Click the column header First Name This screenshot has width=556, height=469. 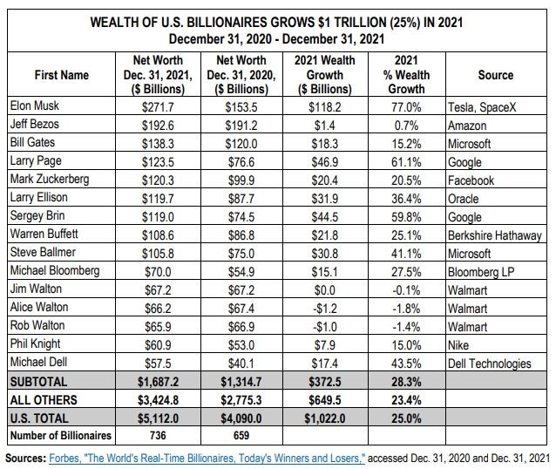coord(61,75)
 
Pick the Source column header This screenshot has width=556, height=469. coord(495,75)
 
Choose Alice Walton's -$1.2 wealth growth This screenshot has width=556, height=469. coord(324,309)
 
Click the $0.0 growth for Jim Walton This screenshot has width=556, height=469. coord(324,290)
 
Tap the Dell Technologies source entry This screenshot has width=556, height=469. coord(489,364)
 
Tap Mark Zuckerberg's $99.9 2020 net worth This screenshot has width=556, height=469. coord(240,180)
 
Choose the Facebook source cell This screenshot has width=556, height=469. coord(471,180)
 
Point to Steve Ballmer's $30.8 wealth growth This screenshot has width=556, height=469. coord(324,254)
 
